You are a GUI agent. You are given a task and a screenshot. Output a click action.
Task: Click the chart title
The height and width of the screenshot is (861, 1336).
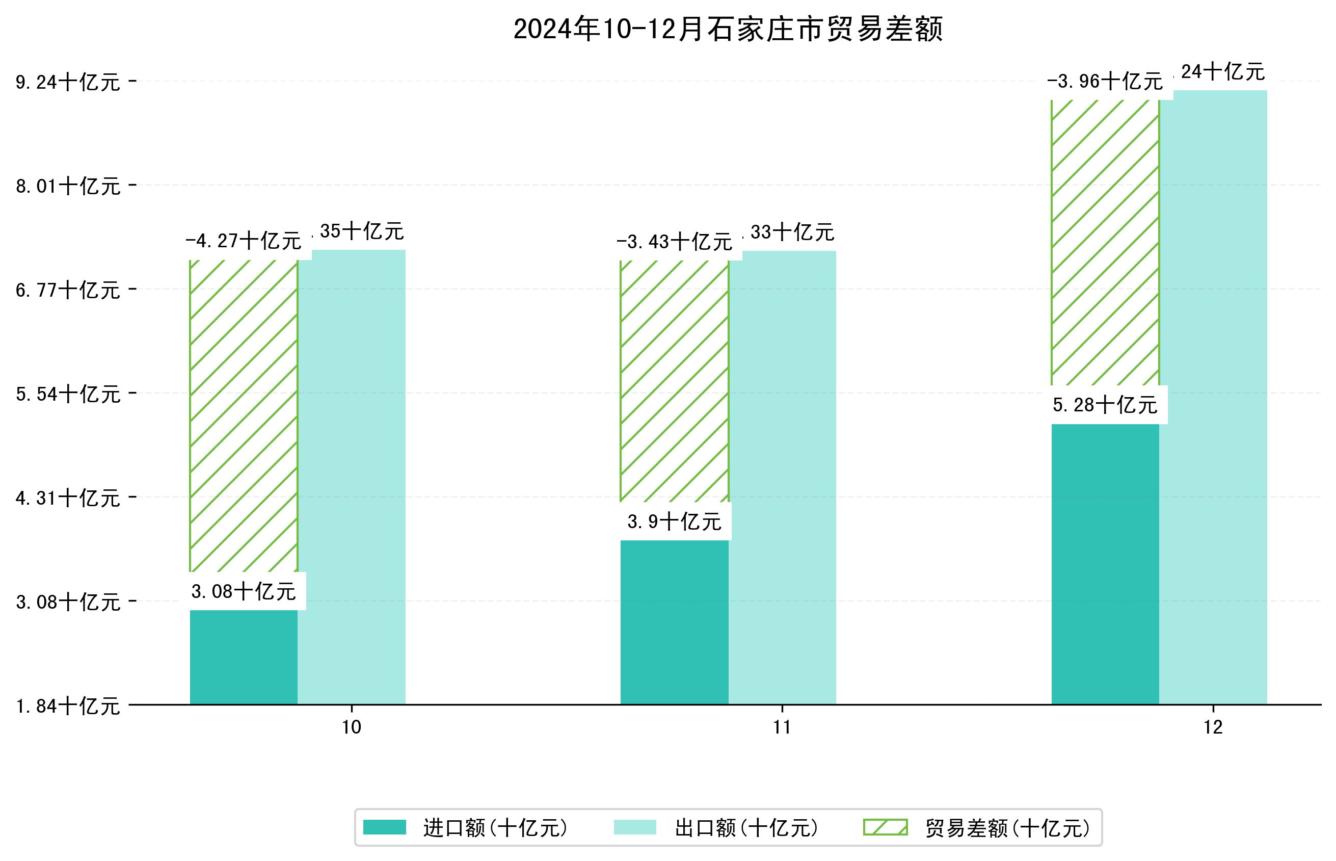[728, 29]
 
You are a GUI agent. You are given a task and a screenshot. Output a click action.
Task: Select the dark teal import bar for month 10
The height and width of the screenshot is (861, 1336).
[244, 657]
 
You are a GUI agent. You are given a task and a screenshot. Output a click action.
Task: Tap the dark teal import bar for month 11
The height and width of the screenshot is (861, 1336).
[674, 622]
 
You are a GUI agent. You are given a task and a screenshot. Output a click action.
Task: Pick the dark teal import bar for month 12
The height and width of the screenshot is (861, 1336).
[1105, 564]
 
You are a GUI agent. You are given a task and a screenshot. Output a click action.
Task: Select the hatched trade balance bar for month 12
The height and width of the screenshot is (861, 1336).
[1105, 242]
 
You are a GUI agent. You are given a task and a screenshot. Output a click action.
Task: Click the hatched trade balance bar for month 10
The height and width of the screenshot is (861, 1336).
[244, 415]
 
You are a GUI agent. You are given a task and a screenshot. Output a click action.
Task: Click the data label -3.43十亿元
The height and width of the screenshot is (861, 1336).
[674, 242]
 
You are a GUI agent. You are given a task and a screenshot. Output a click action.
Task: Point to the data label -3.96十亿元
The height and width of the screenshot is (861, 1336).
[1105, 82]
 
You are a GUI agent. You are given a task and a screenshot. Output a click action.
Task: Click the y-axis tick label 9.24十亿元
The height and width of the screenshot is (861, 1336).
[68, 82]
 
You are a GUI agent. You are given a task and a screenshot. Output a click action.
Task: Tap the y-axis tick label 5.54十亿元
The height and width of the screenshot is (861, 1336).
[68, 394]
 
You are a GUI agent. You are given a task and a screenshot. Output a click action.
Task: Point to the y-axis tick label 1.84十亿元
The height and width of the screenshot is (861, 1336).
[68, 706]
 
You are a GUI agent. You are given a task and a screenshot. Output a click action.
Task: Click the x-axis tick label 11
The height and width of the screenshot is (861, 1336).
[782, 727]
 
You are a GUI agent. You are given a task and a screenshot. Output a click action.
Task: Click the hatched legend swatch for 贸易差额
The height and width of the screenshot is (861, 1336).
[885, 827]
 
